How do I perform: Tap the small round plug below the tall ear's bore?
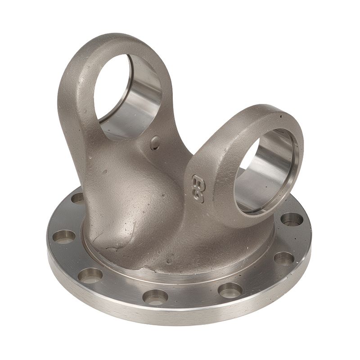click(155, 143)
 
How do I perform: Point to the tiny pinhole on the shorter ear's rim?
click(281, 116)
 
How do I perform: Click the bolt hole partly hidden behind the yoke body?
click(77, 198)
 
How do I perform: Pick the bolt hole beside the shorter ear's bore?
click(291, 220)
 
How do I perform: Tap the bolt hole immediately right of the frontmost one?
click(230, 290)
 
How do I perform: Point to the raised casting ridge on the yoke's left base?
click(106, 234)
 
